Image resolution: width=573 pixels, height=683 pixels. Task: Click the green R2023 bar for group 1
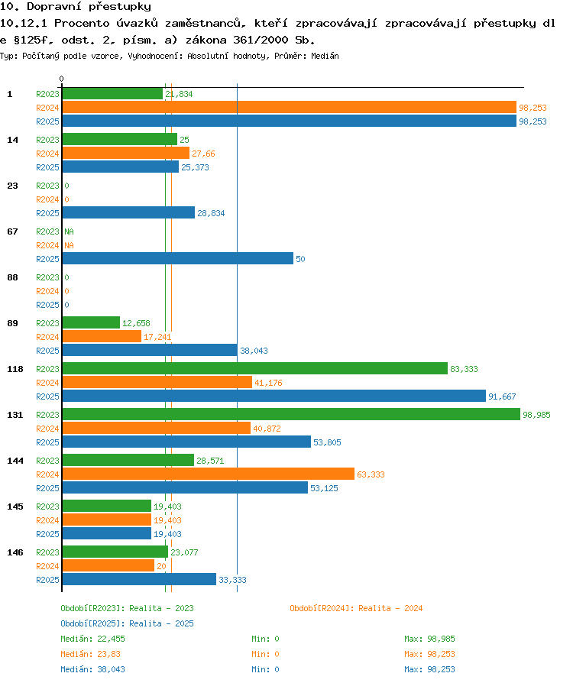pyautogui.click(x=112, y=94)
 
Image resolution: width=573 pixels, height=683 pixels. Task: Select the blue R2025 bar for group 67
pyautogui.click(x=178, y=259)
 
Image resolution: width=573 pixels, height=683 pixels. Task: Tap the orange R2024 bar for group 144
pyautogui.click(x=209, y=474)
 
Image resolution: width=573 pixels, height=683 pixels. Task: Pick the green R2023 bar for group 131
pyautogui.click(x=291, y=414)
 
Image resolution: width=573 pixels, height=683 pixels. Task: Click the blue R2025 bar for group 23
pyautogui.click(x=128, y=212)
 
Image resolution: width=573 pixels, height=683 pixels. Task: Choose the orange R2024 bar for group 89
pyautogui.click(x=102, y=337)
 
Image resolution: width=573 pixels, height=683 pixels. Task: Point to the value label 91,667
pyautogui.click(x=502, y=397)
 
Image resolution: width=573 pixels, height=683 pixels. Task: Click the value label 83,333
pyautogui.click(x=464, y=369)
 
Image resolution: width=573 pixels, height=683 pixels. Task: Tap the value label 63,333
pyautogui.click(x=371, y=474)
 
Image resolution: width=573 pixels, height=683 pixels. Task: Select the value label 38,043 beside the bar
pyautogui.click(x=254, y=351)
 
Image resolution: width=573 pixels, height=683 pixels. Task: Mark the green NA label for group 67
pyautogui.click(x=70, y=231)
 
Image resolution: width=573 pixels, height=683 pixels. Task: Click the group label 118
pyautogui.click(x=15, y=369)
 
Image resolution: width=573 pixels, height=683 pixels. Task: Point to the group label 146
pyautogui.click(x=15, y=552)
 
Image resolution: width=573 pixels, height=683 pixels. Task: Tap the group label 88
pyautogui.click(x=13, y=277)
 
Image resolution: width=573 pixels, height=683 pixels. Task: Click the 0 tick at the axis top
pyautogui.click(x=61, y=79)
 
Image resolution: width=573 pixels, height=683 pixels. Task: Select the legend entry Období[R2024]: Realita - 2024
pyautogui.click(x=356, y=608)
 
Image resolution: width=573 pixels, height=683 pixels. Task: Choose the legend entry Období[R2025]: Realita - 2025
pyautogui.click(x=128, y=623)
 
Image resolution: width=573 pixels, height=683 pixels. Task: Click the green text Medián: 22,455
pyautogui.click(x=92, y=639)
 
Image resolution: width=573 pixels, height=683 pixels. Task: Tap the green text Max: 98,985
pyautogui.click(x=429, y=639)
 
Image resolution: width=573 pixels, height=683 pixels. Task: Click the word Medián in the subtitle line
pyautogui.click(x=325, y=56)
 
